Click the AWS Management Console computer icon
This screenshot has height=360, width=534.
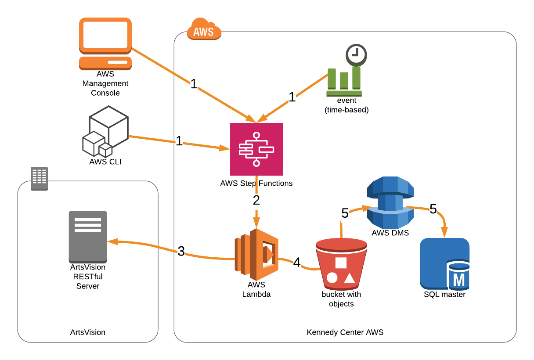click(x=105, y=44)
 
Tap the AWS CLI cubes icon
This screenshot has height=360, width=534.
click(x=105, y=131)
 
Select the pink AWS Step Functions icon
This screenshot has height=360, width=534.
click(x=256, y=149)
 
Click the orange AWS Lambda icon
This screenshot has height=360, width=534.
click(x=256, y=255)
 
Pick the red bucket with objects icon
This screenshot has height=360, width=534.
click(x=341, y=264)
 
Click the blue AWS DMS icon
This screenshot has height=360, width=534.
click(x=390, y=202)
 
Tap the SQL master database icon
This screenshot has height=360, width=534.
click(x=444, y=264)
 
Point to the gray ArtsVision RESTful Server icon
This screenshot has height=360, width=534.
click(x=88, y=237)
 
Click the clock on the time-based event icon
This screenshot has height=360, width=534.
click(x=356, y=54)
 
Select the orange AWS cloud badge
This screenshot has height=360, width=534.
click(x=204, y=29)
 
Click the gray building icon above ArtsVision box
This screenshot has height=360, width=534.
click(x=40, y=178)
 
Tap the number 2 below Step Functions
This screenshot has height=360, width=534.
click(x=256, y=200)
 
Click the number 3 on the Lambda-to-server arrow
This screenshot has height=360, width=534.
click(x=181, y=251)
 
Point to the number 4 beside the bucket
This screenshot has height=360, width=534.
click(x=297, y=262)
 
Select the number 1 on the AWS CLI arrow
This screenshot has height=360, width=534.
click(x=179, y=141)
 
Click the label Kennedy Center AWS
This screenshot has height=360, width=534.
click(x=345, y=332)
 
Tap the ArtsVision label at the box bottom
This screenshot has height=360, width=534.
click(x=88, y=332)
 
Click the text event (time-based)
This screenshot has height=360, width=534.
click(x=346, y=105)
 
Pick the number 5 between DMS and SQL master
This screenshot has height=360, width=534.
click(x=433, y=209)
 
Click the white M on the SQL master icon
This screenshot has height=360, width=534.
click(x=458, y=280)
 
